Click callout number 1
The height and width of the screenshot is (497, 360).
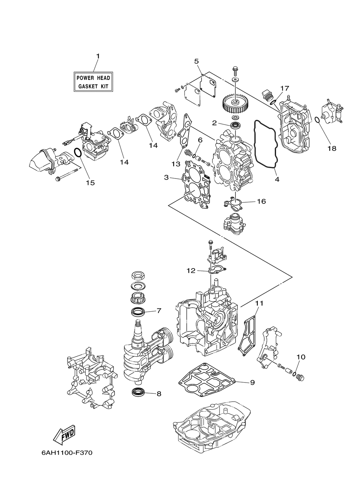97,56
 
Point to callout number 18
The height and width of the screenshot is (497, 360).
332,148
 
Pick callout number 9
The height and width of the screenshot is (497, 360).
252,383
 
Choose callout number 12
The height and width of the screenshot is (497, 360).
191,270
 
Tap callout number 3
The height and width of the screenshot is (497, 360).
166,177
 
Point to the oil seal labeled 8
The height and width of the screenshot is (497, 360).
138,393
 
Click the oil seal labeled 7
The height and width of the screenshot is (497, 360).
138,311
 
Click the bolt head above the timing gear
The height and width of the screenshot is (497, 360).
235,69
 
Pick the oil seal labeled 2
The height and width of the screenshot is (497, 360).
236,126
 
